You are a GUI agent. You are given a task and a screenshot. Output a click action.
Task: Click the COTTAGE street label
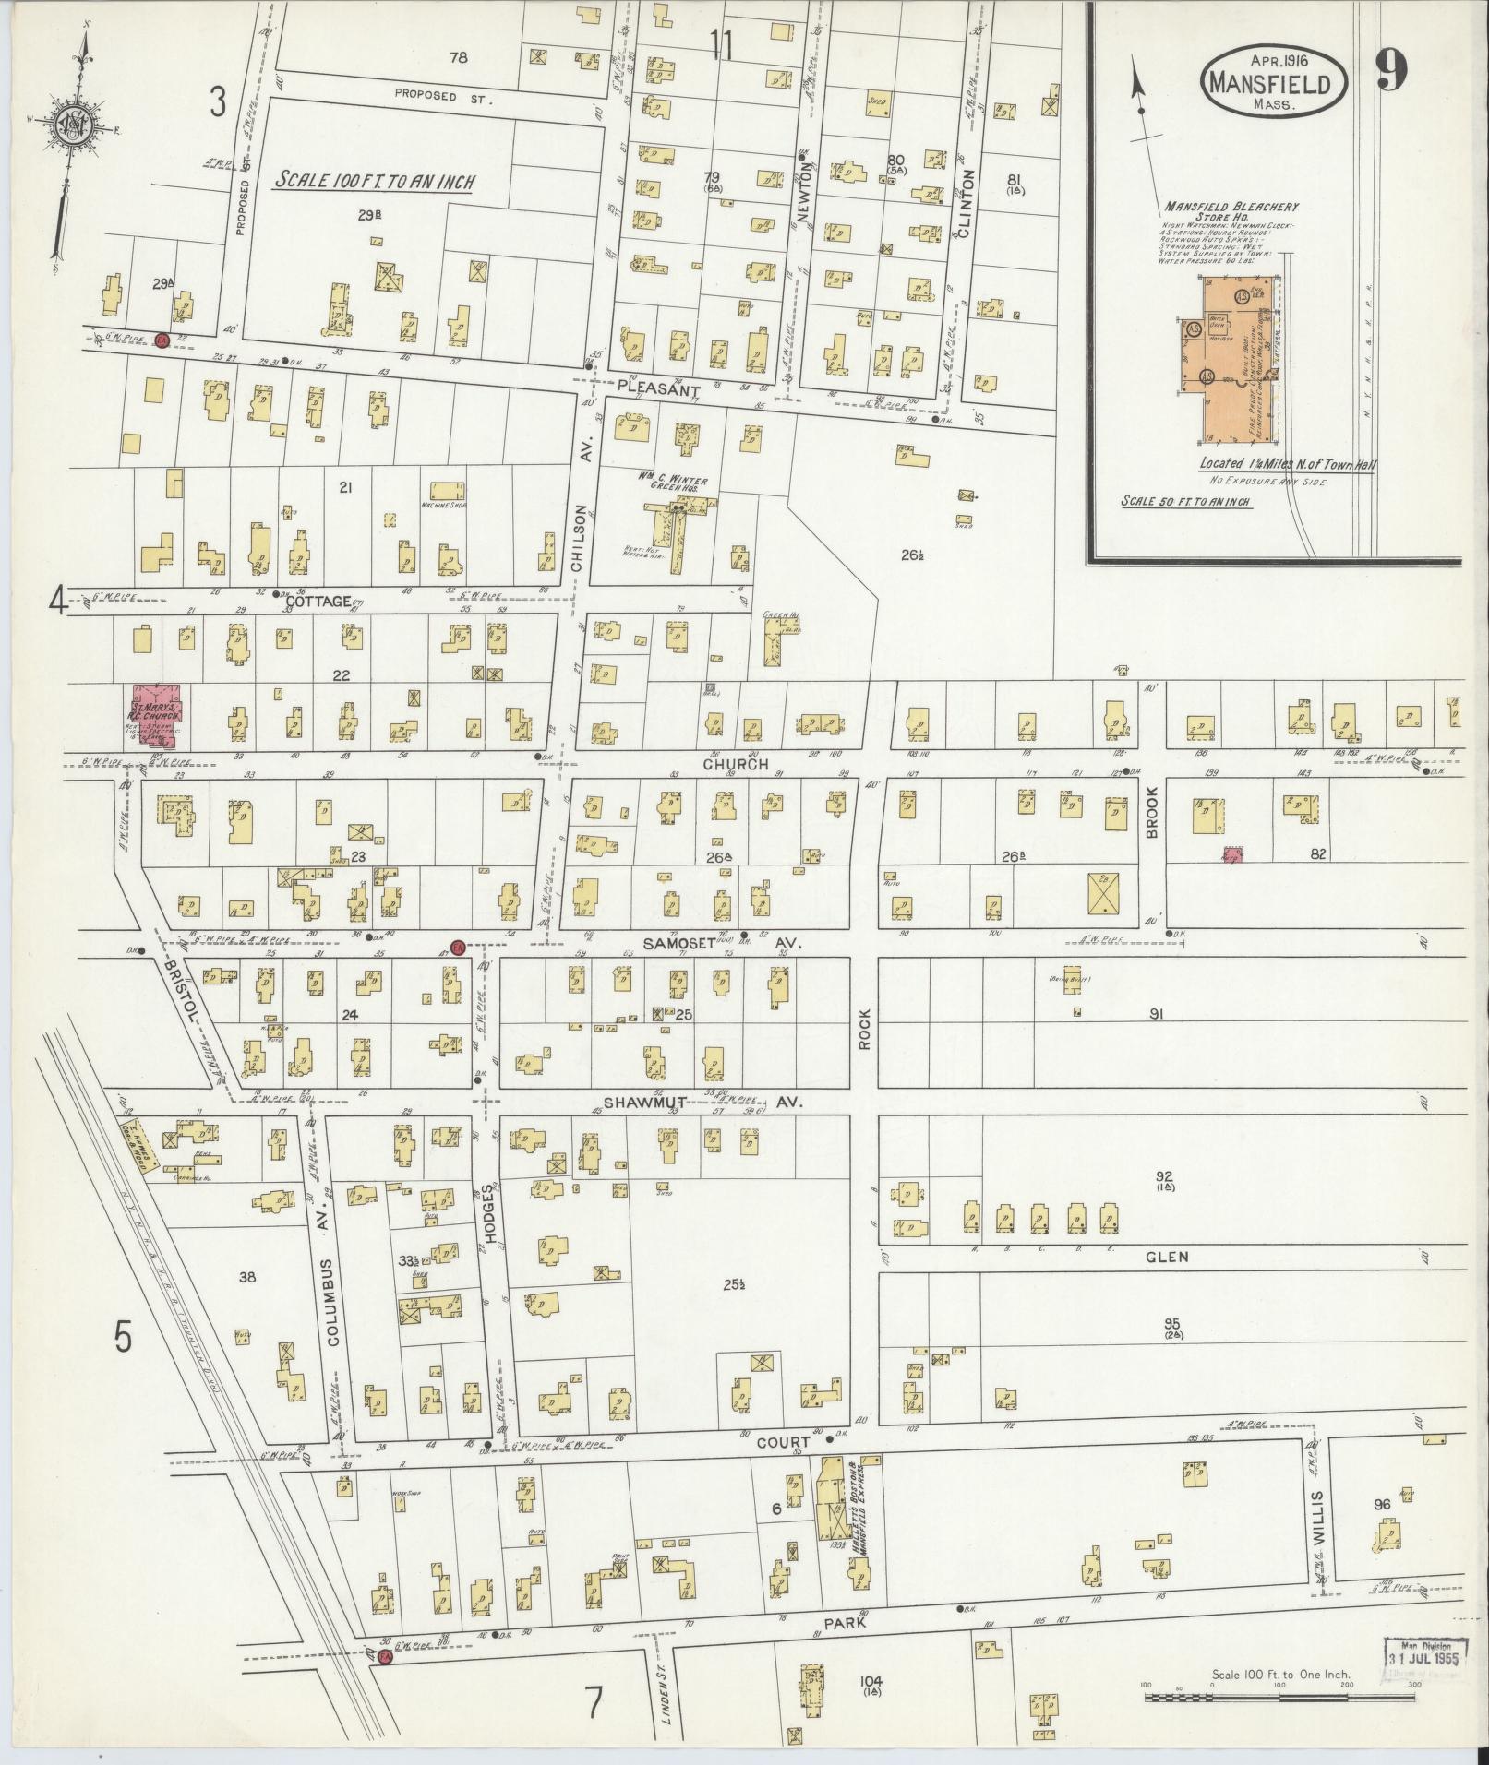pyautogui.click(x=317, y=602)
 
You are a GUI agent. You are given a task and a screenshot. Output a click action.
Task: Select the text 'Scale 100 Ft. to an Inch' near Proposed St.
pyautogui.click(x=374, y=181)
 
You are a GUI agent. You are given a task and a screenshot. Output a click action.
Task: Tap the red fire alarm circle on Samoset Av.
pyautogui.click(x=456, y=946)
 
